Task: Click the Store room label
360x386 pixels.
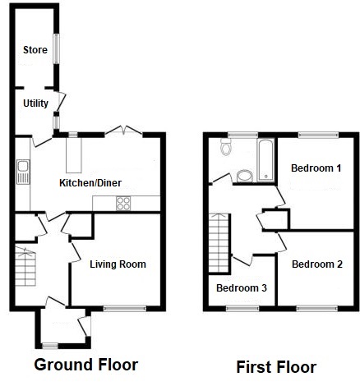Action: (x=35, y=50)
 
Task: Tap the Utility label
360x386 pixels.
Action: (x=35, y=103)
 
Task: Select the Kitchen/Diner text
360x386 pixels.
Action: (x=90, y=183)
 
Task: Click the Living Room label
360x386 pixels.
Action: (x=118, y=264)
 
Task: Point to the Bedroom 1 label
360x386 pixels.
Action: (x=316, y=168)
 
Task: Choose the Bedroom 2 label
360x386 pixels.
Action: (x=317, y=264)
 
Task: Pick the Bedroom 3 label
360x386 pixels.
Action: (x=242, y=288)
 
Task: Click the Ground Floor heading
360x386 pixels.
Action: (x=86, y=365)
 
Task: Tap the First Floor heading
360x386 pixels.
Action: (x=276, y=367)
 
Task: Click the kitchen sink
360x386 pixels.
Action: (x=23, y=172)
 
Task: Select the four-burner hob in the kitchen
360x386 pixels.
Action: (x=123, y=204)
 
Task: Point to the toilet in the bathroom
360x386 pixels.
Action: (x=226, y=147)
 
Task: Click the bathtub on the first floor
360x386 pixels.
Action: (x=265, y=159)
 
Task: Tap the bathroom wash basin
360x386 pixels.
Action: (x=245, y=176)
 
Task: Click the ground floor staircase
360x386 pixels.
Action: (x=25, y=266)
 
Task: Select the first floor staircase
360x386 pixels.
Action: (x=219, y=242)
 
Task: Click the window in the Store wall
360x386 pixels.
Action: (x=56, y=48)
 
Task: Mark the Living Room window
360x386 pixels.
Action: (x=125, y=309)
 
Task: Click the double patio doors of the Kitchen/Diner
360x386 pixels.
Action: (x=123, y=131)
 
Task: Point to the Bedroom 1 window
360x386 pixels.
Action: (x=318, y=135)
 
